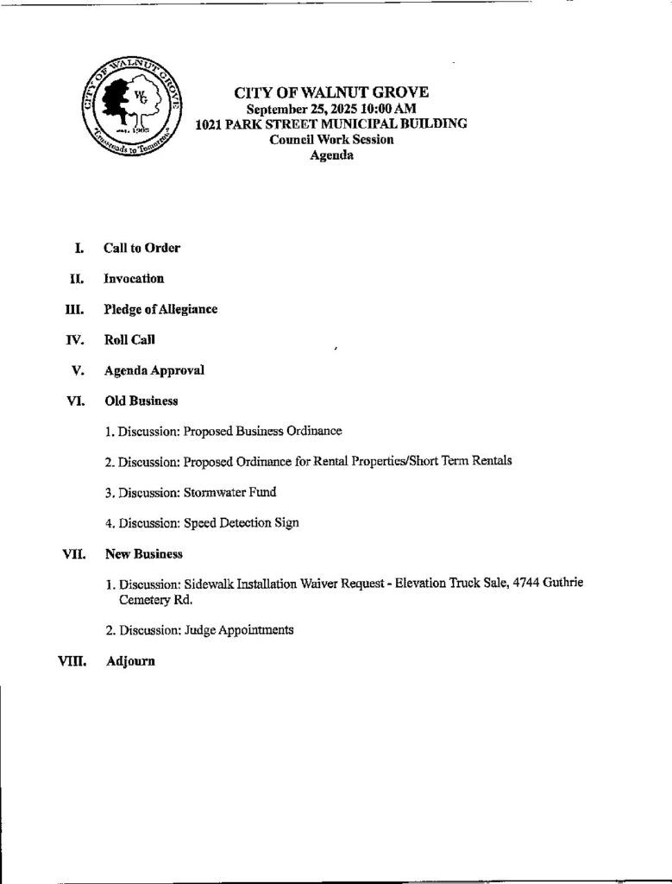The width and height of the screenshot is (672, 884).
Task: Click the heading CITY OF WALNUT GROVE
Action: coord(331,92)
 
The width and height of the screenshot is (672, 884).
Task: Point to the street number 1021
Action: coord(211,123)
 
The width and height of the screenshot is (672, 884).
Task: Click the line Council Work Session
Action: coord(331,140)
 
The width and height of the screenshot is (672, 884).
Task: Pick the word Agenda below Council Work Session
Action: coord(331,155)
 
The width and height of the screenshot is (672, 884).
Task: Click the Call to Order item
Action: coord(141,248)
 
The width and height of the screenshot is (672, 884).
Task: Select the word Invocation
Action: coord(134,278)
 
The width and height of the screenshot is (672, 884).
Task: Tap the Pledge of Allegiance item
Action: coord(160,309)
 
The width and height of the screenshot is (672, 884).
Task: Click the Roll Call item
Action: coord(129,339)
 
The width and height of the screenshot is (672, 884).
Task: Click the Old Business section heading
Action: coord(141,401)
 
